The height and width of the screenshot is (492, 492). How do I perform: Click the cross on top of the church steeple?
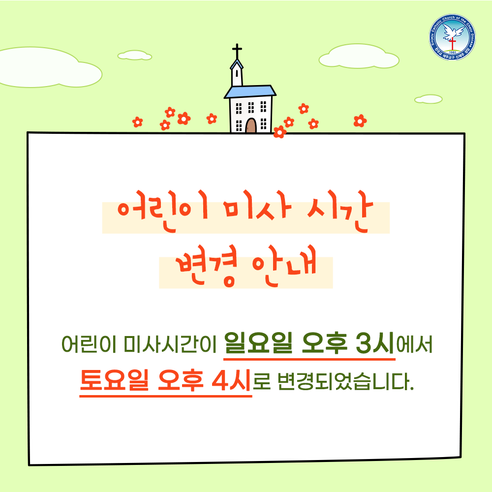pos(237,51)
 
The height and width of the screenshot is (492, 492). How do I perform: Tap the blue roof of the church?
pos(250,92)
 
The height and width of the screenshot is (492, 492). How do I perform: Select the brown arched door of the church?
pos(251,125)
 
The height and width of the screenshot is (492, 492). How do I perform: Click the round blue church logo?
pos(452,37)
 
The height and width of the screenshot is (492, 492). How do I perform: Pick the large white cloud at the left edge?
pos(47,68)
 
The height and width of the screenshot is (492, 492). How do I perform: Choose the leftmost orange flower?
pos(137,122)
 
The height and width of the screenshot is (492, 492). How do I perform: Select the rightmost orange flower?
pos(360,121)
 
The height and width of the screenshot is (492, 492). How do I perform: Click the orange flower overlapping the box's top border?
pos(279,132)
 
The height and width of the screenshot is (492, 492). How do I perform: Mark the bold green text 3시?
pos(375,343)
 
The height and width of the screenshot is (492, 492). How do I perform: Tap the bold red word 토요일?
pos(114,380)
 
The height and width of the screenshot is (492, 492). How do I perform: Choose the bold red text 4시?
pos(231,380)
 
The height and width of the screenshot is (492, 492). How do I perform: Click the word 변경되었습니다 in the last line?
pos(346,382)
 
